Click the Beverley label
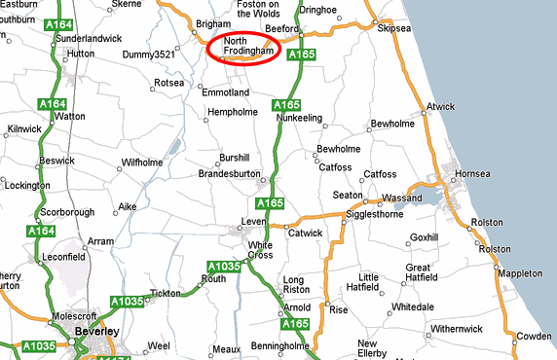(x=96, y=332)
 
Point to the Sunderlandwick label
(x=90, y=37)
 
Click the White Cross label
(x=260, y=250)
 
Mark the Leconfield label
(x=64, y=260)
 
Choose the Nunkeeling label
(x=299, y=117)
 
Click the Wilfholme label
(x=141, y=162)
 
